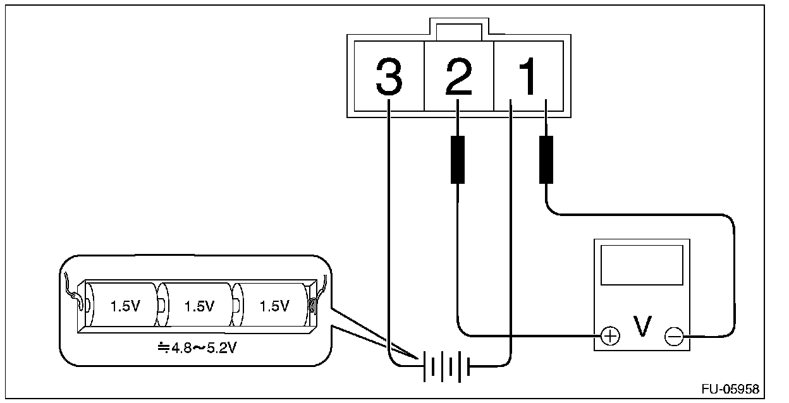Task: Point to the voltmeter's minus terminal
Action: coord(674,337)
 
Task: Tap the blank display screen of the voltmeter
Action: coord(641,265)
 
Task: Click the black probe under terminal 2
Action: coord(457,159)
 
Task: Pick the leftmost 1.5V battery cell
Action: coord(125,307)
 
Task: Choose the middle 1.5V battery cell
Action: coord(199,307)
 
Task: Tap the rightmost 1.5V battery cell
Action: coord(273,307)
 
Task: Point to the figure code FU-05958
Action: coord(730,388)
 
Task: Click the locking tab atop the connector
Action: coord(458,29)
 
